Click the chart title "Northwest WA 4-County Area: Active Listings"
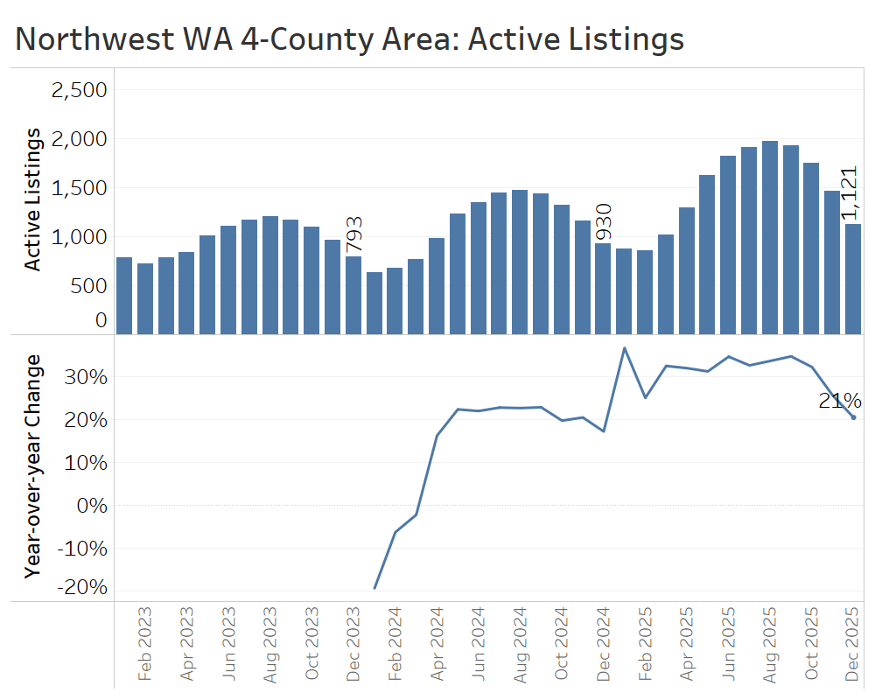pos(350,39)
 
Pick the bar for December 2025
pos(853,279)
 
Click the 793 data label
pos(353,234)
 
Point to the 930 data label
pos(603,222)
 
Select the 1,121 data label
pos(850,193)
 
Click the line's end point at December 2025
pos(853,417)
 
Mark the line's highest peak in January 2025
pos(625,348)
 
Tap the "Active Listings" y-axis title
pos(32,199)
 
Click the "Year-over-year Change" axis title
pos(32,465)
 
